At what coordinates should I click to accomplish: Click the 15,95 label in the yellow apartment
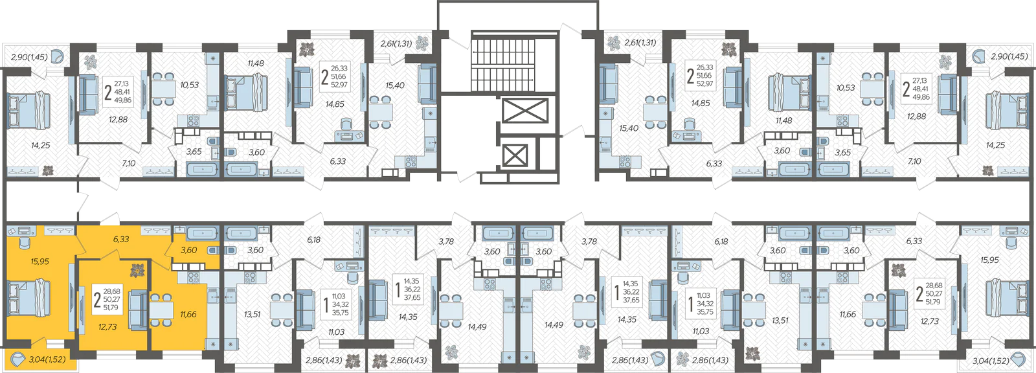[39, 262]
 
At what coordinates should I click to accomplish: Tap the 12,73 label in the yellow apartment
[107, 327]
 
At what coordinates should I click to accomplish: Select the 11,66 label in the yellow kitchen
[188, 314]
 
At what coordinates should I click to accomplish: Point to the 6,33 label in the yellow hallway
[121, 239]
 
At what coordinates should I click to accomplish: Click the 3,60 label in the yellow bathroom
[188, 250]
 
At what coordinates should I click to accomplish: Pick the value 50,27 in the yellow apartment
[112, 299]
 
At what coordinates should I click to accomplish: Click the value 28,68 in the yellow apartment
[112, 291]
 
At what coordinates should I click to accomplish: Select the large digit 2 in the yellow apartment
[97, 299]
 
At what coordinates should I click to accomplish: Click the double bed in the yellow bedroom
[28, 298]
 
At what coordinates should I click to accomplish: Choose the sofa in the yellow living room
[137, 310]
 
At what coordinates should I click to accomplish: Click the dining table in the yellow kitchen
[161, 310]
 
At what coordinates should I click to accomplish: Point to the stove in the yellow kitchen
[194, 278]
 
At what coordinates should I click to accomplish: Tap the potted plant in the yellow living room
[137, 270]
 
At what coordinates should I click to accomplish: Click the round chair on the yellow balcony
[19, 359]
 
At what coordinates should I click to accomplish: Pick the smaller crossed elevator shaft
[514, 156]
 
